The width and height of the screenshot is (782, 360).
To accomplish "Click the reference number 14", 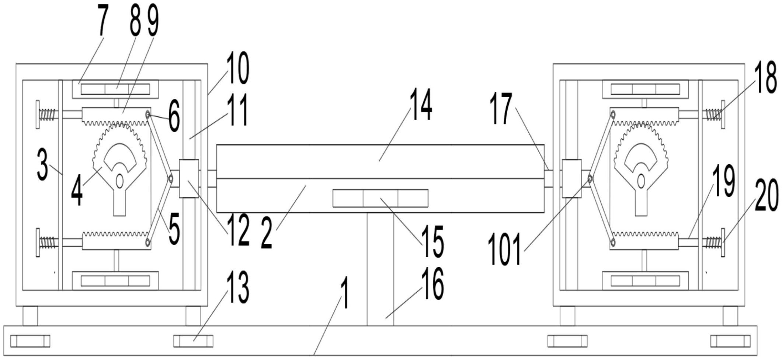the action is click(421, 104).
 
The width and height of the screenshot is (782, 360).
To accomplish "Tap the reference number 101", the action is click(505, 249).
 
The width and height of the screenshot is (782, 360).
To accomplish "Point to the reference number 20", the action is click(767, 195).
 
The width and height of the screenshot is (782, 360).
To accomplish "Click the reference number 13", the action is click(238, 287).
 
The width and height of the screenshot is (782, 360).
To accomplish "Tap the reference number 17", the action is click(501, 108).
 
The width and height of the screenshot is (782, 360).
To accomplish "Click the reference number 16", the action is click(433, 283).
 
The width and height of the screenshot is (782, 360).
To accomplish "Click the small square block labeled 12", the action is click(189, 178).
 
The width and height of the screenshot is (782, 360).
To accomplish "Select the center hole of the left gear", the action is click(119, 181).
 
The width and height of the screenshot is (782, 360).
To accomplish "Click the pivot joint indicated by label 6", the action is click(148, 115).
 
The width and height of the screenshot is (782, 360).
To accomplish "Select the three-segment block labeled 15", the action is click(380, 198).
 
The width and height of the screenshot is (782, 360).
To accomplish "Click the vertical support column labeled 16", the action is click(380, 269).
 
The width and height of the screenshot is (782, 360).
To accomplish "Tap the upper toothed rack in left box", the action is click(116, 116).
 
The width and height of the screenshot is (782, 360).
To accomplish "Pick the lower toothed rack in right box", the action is click(644, 241).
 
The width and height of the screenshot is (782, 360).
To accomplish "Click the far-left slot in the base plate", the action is click(30, 341).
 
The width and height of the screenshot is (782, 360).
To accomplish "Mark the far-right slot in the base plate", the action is click(730, 341).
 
